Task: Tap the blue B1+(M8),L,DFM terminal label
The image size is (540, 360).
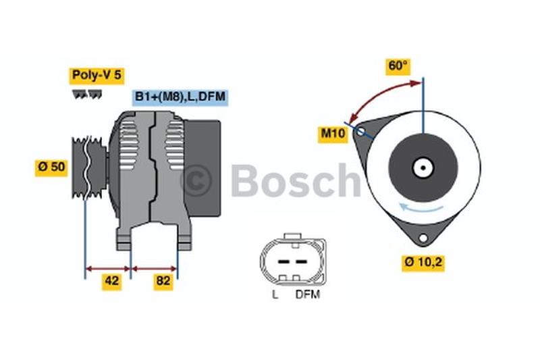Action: pyautogui.click(x=180, y=97)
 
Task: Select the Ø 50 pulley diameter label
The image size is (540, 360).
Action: pyautogui.click(x=52, y=167)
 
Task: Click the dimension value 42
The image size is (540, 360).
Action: pyautogui.click(x=111, y=282)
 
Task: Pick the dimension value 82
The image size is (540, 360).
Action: pyautogui.click(x=163, y=282)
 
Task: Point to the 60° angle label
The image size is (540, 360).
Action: pyautogui.click(x=398, y=66)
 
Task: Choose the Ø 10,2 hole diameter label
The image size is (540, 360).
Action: pyautogui.click(x=423, y=261)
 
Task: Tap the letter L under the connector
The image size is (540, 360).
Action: pyautogui.click(x=275, y=294)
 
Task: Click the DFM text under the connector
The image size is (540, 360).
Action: pyautogui.click(x=307, y=294)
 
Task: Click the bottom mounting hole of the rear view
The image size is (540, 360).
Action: pyautogui.click(x=423, y=238)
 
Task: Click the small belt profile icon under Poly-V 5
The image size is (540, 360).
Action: pyautogui.click(x=85, y=94)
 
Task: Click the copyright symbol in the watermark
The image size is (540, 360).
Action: pyautogui.click(x=196, y=180)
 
